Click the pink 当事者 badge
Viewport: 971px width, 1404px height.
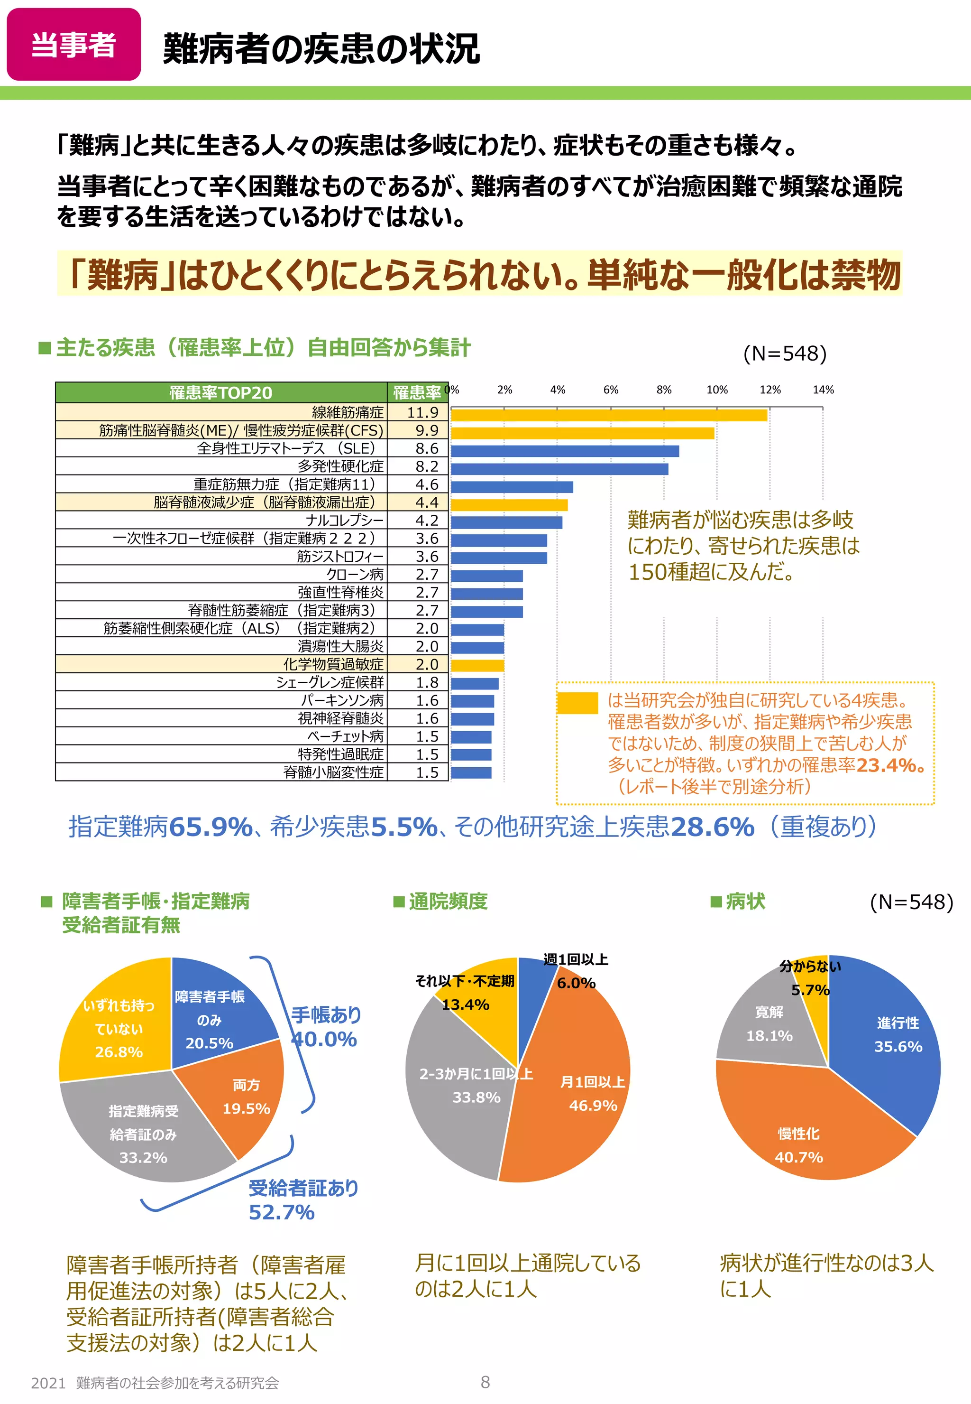(x=73, y=45)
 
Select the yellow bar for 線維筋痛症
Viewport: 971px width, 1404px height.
(x=608, y=415)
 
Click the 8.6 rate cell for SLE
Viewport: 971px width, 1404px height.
(x=427, y=448)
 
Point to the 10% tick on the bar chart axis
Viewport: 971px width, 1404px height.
(x=717, y=390)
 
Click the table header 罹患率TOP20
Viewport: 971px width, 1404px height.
(x=221, y=393)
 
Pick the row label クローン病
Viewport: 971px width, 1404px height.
(x=355, y=574)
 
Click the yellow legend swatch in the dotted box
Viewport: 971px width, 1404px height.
(x=577, y=703)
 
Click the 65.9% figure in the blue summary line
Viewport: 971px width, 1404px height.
(x=211, y=827)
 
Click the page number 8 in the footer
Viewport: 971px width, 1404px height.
(x=485, y=1382)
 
